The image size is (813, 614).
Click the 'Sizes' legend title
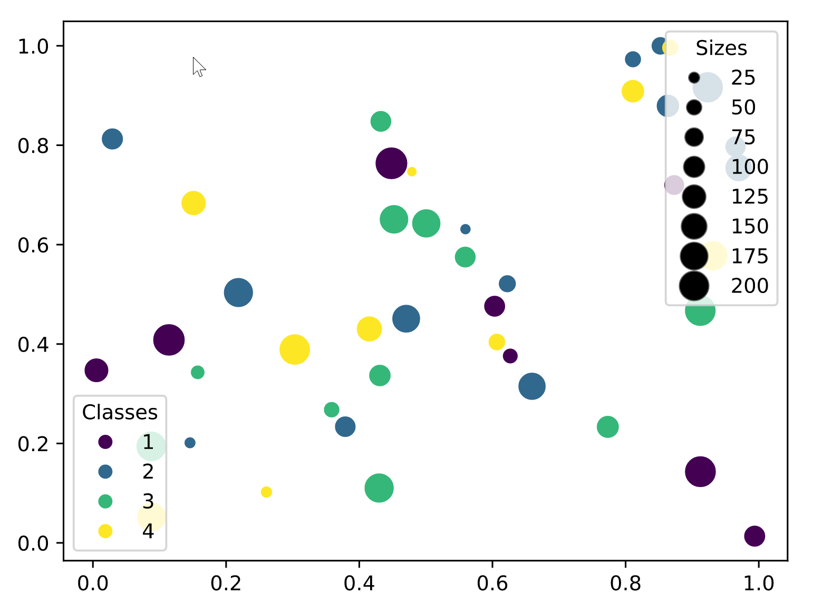tap(721, 48)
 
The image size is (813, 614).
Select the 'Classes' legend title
tap(120, 412)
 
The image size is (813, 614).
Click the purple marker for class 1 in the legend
tap(105, 442)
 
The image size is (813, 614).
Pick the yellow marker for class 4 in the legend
tap(105, 531)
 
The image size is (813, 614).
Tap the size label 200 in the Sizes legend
tap(749, 286)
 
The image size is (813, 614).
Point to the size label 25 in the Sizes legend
tap(743, 78)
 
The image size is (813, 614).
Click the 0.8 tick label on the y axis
tap(33, 145)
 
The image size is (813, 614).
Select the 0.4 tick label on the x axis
tap(359, 583)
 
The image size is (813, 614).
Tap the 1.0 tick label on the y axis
tap(33, 46)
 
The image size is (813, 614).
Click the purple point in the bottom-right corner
tap(754, 536)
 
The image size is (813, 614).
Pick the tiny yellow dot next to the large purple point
tap(412, 172)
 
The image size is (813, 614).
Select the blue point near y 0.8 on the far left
tap(112, 139)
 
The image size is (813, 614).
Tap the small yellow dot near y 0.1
tap(266, 492)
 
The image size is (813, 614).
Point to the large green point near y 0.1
tap(379, 488)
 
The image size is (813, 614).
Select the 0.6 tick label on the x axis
tap(492, 583)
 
